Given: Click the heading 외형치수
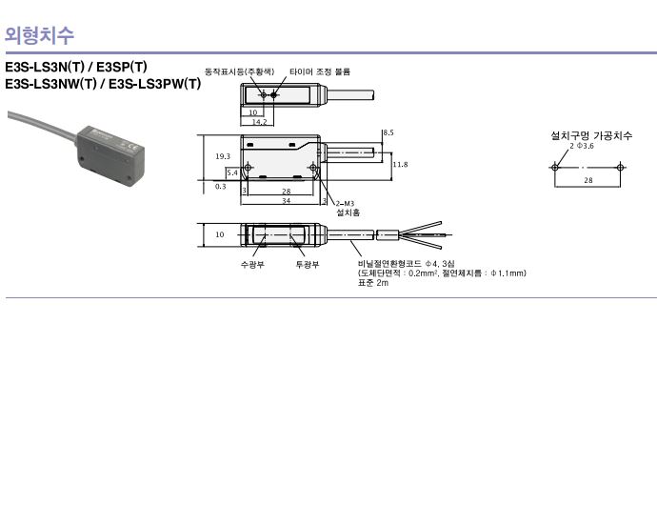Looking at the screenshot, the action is (39, 35).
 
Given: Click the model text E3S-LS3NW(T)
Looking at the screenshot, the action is (50, 84).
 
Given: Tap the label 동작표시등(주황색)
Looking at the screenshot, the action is (239, 71).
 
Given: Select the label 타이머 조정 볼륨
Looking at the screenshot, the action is (320, 71).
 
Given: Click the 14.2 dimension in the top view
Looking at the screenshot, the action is (259, 122).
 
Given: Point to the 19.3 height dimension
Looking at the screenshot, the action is (223, 156).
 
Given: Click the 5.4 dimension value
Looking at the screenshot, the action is (232, 172).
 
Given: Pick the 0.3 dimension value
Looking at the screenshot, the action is (220, 187).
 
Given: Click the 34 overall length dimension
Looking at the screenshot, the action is (287, 201).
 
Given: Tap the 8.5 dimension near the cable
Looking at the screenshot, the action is (388, 132).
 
